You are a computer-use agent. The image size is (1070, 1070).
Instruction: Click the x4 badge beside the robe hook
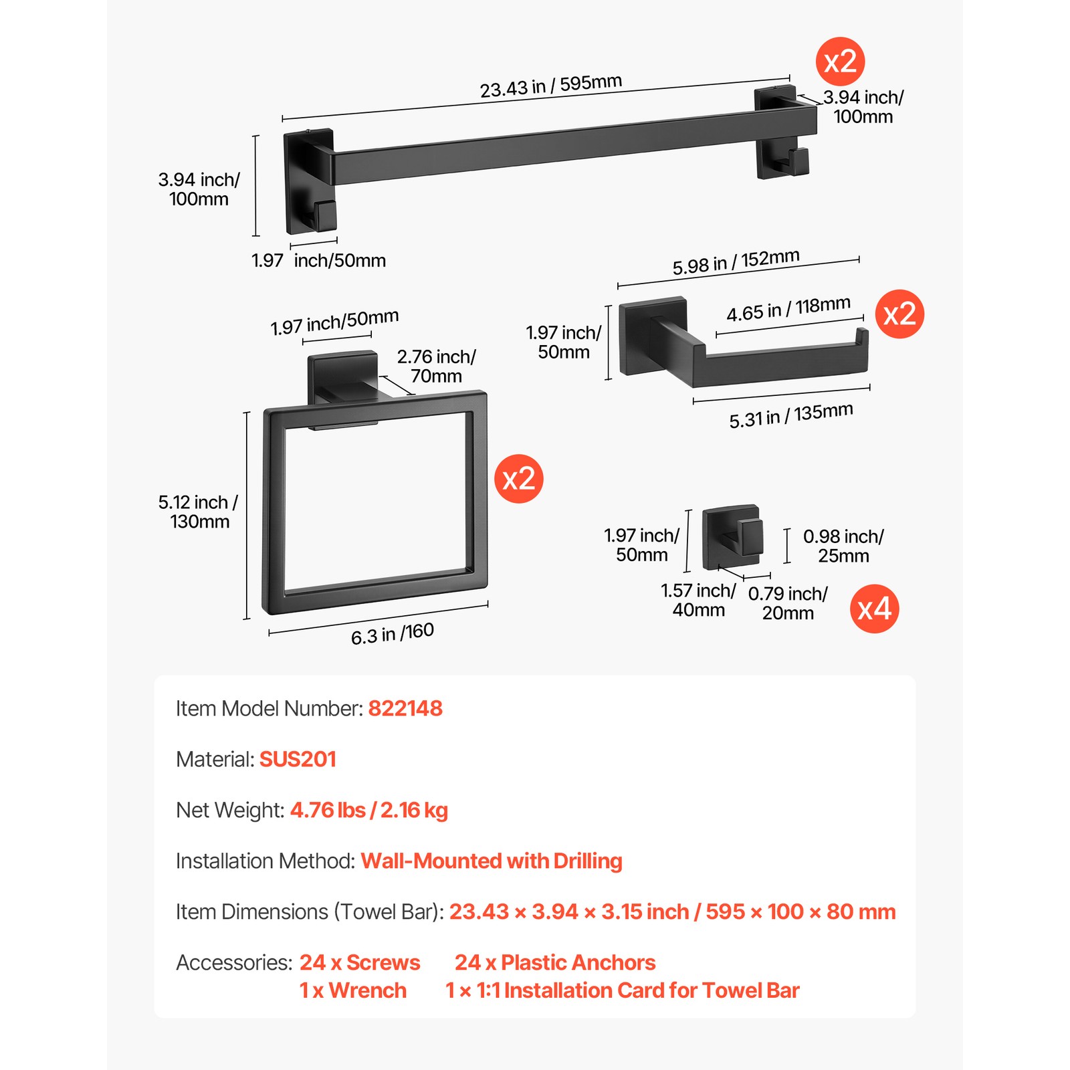874,609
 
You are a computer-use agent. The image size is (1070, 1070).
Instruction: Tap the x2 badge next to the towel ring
518,479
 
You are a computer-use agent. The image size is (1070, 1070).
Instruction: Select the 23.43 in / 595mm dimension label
550,86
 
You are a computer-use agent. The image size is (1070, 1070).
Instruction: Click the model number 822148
405,708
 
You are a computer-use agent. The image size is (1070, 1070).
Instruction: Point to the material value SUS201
298,759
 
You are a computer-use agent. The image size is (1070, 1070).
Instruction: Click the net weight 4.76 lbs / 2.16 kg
368,810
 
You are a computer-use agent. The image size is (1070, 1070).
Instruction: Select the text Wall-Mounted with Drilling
492,861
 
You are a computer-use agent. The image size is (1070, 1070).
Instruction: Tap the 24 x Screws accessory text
360,962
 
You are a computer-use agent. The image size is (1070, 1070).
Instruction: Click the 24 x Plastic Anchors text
555,962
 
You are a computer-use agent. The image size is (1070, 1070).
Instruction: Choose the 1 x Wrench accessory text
352,990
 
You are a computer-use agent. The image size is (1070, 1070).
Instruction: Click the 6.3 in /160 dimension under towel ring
393,633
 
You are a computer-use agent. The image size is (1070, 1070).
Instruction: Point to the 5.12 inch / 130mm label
198,512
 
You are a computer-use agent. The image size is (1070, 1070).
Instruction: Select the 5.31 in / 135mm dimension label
790,415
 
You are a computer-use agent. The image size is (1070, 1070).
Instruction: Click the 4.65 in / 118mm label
788,309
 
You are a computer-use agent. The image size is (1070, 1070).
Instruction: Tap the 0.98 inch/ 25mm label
843,546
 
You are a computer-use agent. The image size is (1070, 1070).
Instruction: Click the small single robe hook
732,538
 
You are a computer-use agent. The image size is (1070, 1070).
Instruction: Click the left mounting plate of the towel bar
309,181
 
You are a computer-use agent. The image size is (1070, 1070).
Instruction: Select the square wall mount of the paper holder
652,335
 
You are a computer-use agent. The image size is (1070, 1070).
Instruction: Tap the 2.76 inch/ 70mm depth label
436,366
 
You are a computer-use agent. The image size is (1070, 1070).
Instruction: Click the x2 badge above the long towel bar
840,62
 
